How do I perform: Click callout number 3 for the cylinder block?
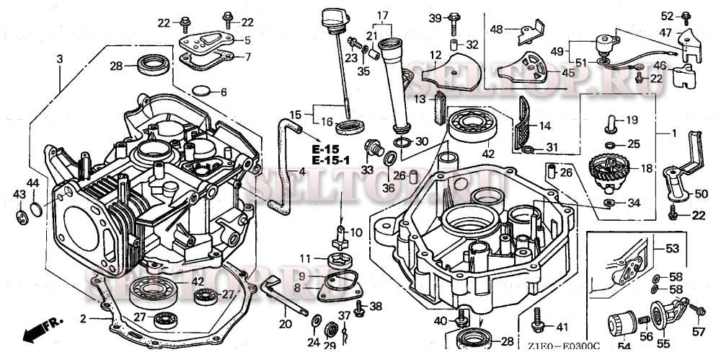coord(60,58)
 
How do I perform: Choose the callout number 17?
coord(381,14)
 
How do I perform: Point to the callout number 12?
coord(435,56)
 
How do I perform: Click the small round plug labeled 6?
coord(203,92)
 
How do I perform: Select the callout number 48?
coord(497,30)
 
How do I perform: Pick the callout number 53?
coord(672,249)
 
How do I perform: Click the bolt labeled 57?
coord(697,310)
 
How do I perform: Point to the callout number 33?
coord(367,170)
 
